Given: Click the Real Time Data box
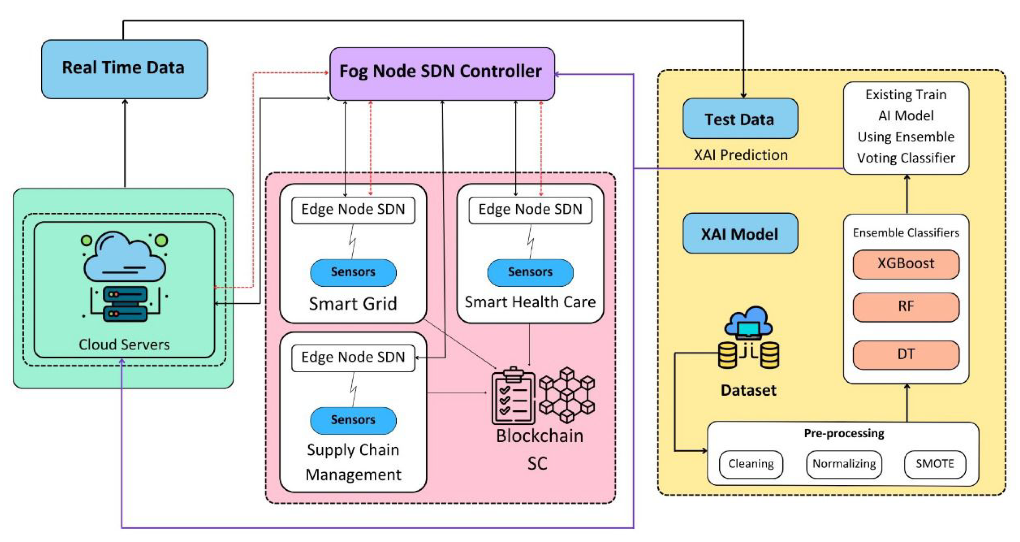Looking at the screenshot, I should pos(124,69).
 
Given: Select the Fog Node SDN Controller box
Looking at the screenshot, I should pos(442,74).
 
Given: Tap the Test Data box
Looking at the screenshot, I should pos(740,119).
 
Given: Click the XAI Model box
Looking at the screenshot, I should pos(740,233).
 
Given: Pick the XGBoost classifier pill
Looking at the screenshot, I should pos(906,264).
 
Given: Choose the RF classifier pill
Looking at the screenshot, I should pos(906,307).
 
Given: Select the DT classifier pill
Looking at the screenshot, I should pos(906,354).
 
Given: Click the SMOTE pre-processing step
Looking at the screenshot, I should pos(935,463).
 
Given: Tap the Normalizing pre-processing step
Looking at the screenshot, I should pos(844,463).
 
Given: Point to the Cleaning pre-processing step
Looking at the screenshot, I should pos(751,463).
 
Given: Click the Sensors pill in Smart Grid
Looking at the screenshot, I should pos(353,272).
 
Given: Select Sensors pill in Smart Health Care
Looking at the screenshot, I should pos(530,272).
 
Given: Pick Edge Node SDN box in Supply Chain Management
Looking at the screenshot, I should pos(353,357).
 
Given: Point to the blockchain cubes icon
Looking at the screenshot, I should pos(567,394).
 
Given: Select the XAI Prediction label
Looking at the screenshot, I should pos(740,155).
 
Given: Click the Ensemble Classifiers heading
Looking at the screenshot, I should pos(906,233).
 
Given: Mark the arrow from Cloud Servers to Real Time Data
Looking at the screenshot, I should pos(125,143).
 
